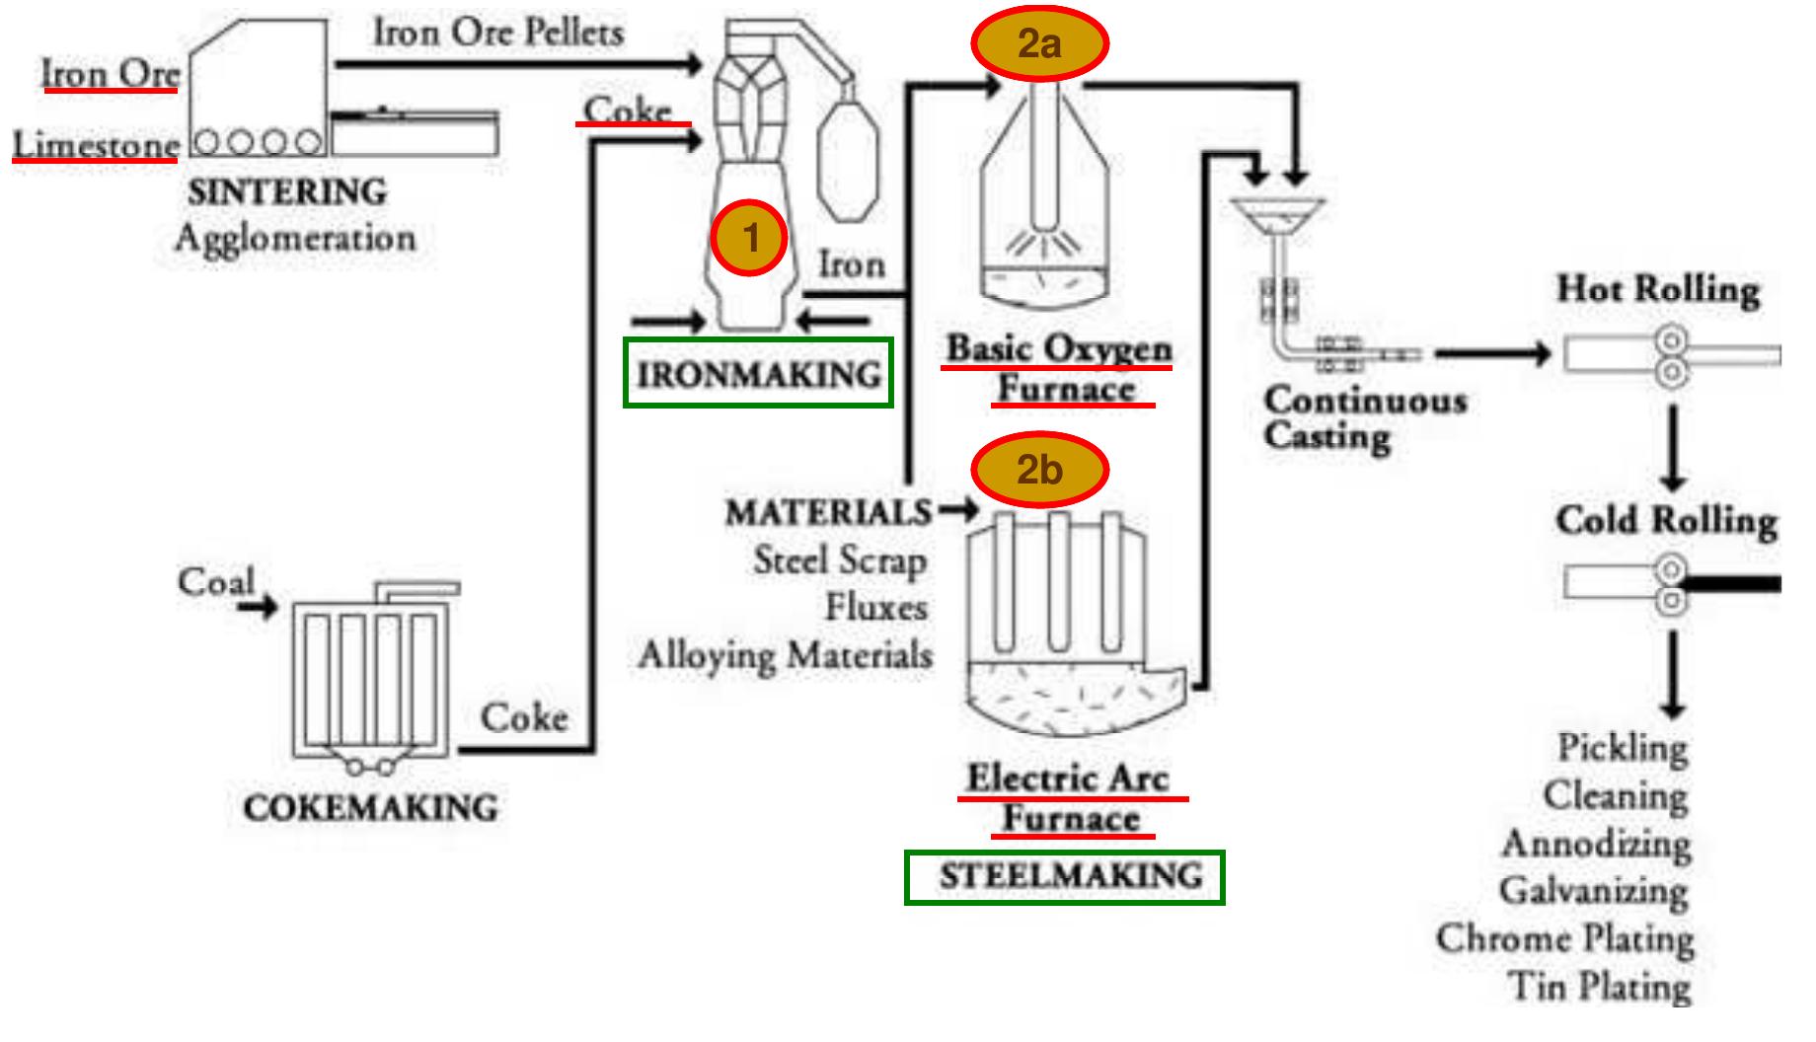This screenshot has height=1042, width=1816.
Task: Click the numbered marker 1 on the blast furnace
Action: [750, 238]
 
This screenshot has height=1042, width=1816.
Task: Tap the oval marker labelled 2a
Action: [1039, 43]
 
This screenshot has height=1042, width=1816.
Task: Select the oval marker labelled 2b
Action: [1039, 470]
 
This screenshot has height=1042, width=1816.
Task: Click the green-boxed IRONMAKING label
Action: [758, 374]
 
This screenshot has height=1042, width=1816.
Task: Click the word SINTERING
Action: [287, 191]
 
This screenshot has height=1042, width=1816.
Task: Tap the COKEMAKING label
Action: [370, 808]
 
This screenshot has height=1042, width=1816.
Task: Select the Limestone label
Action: [96, 145]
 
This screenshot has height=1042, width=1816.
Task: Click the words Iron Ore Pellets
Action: [497, 33]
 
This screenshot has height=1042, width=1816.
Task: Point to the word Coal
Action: [216, 581]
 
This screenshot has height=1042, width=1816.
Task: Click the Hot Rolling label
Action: [1658, 290]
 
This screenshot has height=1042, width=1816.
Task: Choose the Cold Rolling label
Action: [1666, 521]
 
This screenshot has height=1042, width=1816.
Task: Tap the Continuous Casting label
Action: [1364, 417]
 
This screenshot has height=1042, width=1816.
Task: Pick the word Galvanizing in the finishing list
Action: [1593, 891]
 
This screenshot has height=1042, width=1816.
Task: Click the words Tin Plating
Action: [1600, 986]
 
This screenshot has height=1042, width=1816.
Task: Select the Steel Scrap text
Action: [840, 560]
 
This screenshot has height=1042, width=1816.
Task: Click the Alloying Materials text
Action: [785, 655]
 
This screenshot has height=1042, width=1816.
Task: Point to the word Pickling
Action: [1623, 747]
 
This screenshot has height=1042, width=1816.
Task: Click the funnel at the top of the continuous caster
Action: [1277, 216]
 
